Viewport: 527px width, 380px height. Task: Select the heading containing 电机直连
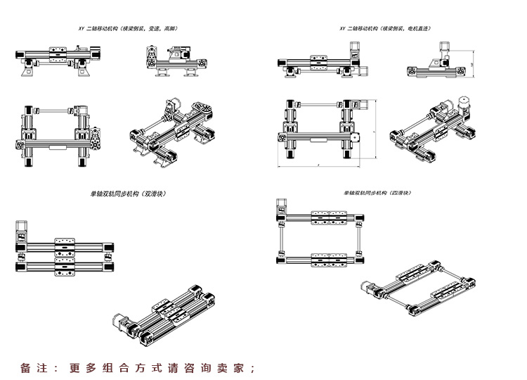[x=385, y=29]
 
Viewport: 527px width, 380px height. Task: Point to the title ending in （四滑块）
[x=377, y=193]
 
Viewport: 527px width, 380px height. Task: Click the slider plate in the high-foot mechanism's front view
[x=58, y=50]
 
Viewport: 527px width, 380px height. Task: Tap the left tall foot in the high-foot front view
[x=29, y=69]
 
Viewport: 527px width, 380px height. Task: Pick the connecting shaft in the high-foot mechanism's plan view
[x=53, y=109]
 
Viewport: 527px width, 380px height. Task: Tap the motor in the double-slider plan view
[x=20, y=232]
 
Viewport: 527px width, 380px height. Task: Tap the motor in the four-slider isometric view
[x=367, y=286]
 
